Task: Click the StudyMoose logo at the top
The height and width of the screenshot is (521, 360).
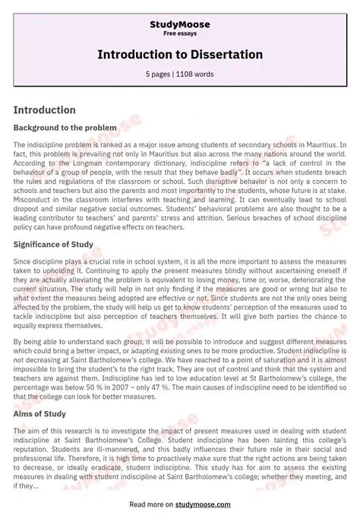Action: [180, 24]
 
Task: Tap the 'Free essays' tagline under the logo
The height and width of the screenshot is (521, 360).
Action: [180, 34]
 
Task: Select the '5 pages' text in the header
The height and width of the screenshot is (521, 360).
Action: [159, 74]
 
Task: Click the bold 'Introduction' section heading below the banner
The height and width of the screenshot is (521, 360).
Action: [44, 110]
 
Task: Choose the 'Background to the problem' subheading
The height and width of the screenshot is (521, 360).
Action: [65, 128]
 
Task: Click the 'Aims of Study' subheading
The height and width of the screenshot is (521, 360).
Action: [39, 414]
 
